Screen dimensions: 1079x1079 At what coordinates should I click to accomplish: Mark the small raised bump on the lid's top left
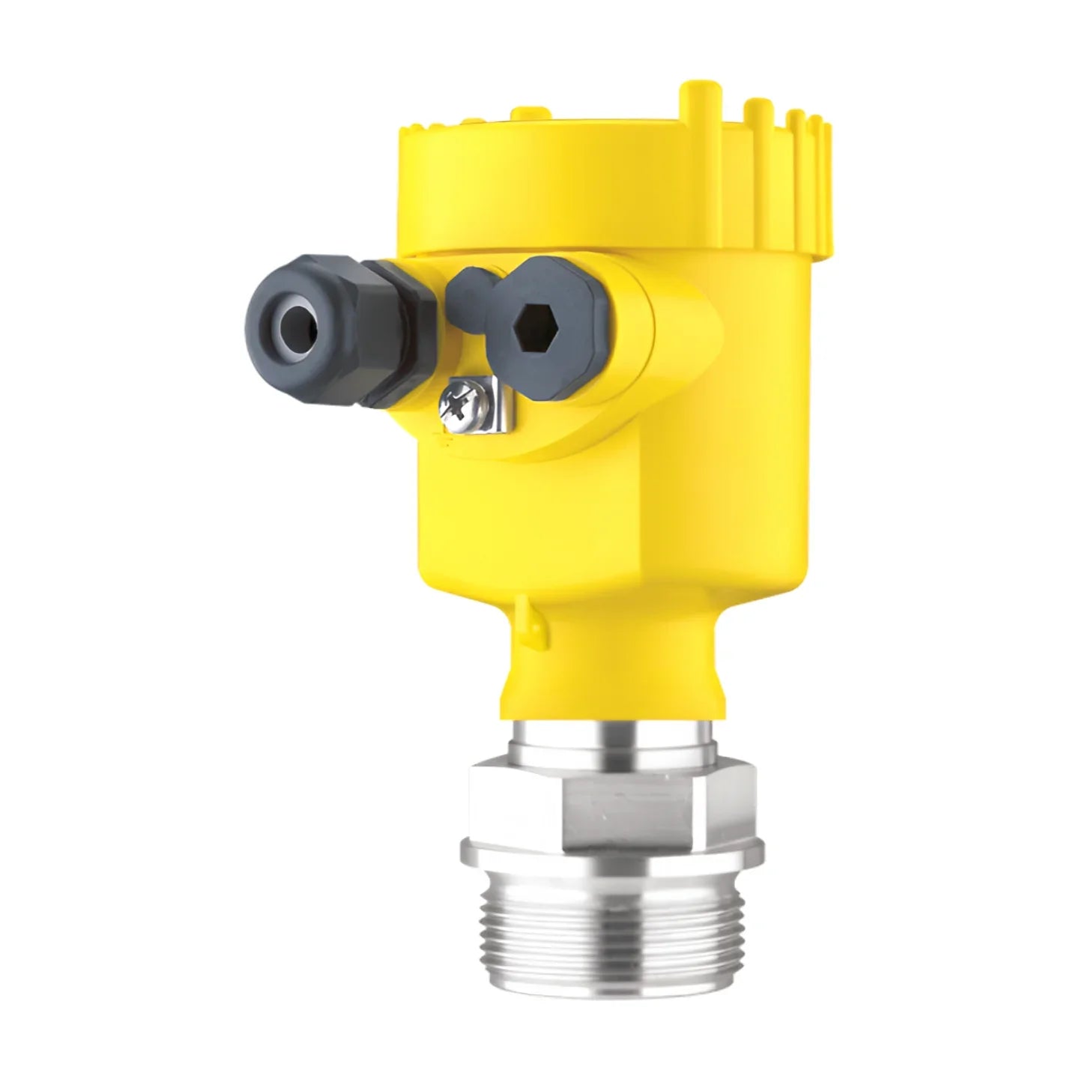coord(522,112)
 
